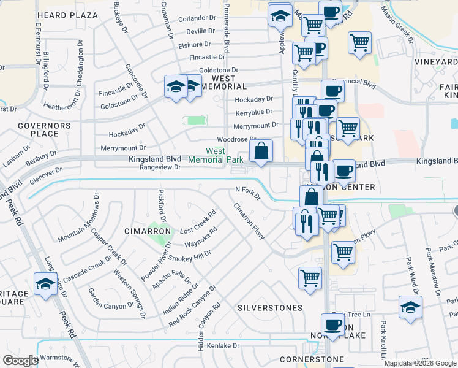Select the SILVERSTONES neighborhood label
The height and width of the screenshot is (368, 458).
(x=270, y=307)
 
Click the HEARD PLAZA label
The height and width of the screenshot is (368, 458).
(x=67, y=14)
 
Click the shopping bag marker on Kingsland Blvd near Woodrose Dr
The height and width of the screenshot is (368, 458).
(x=261, y=151)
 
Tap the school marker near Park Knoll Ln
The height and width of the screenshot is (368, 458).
(x=410, y=308)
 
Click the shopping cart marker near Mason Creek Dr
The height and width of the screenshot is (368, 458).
(x=359, y=44)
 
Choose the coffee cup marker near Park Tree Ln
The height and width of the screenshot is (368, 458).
(x=333, y=326)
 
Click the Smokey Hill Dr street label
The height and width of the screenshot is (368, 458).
(x=190, y=256)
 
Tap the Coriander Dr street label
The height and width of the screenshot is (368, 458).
(x=197, y=18)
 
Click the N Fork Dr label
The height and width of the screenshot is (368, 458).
(x=248, y=193)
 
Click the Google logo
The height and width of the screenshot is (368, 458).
(x=21, y=361)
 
